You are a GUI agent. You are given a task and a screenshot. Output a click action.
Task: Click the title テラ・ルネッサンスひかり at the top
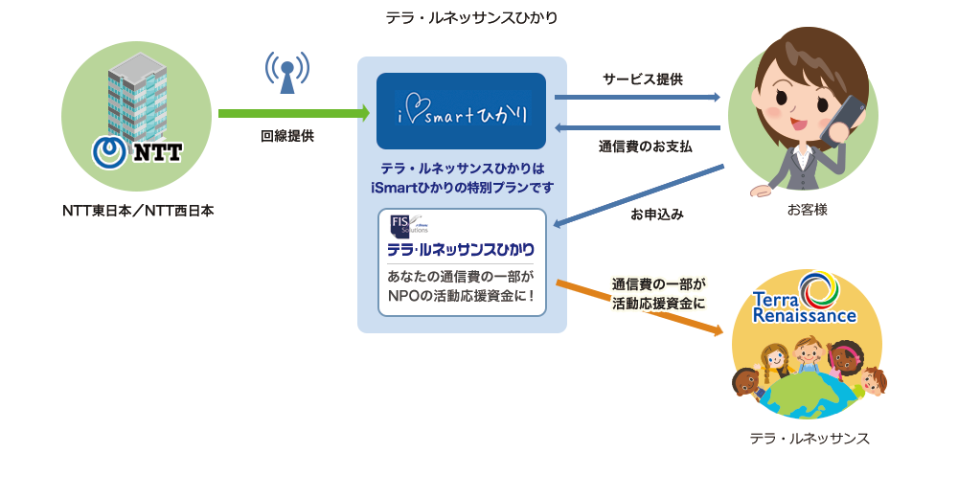(471, 18)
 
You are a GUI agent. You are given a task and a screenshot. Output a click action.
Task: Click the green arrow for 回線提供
(293, 113)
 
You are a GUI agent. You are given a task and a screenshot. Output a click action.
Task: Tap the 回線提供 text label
(287, 137)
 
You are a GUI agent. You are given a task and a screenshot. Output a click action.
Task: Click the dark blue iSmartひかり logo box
(462, 111)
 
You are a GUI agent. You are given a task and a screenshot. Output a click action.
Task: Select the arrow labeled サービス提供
(637, 97)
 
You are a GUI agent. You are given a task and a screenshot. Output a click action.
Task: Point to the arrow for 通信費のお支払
(637, 127)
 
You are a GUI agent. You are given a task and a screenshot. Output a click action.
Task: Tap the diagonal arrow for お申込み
(639, 195)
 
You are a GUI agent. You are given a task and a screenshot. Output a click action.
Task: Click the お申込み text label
(657, 215)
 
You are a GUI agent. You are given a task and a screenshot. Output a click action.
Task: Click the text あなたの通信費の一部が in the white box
(462, 277)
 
